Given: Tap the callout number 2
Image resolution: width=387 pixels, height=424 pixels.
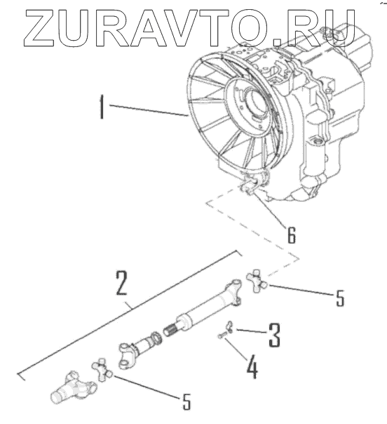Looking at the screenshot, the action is [121, 283].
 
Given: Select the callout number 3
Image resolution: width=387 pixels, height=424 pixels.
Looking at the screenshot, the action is [275, 336].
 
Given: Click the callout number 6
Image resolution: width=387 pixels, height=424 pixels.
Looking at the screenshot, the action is [292, 234].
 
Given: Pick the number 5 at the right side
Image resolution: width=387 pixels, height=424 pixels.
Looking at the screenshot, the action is [340, 298].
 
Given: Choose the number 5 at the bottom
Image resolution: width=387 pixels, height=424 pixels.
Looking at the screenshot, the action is [186, 401].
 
